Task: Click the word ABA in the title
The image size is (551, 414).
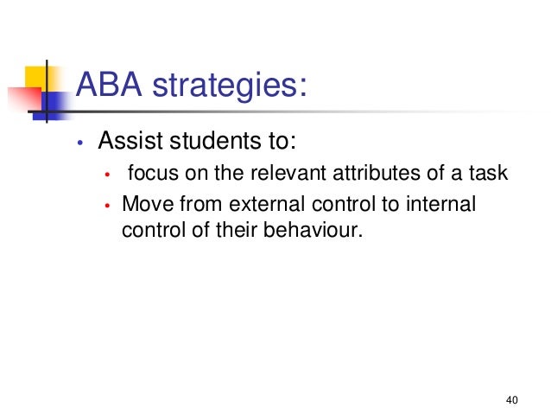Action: (x=109, y=86)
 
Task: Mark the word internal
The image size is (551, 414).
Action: (x=441, y=205)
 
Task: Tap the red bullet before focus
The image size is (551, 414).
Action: (x=107, y=177)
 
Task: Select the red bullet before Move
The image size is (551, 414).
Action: (x=107, y=207)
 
